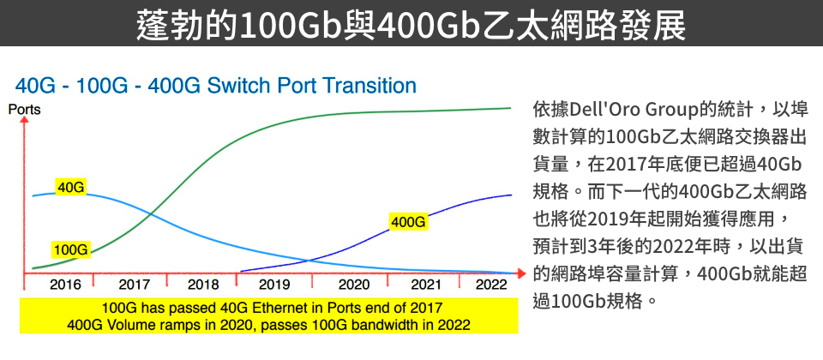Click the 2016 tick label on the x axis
(66, 285)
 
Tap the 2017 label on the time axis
(135, 285)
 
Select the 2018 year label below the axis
(203, 285)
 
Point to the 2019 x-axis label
(274, 285)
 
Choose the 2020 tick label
(354, 285)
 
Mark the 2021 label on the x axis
(426, 285)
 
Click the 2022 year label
(491, 285)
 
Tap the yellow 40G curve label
(71, 188)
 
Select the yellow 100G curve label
(70, 249)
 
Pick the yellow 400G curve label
(408, 222)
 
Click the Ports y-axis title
(24, 111)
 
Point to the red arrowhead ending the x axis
(520, 273)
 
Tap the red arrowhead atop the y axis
(24, 122)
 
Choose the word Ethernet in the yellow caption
(293, 308)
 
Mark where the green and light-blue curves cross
(151, 214)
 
